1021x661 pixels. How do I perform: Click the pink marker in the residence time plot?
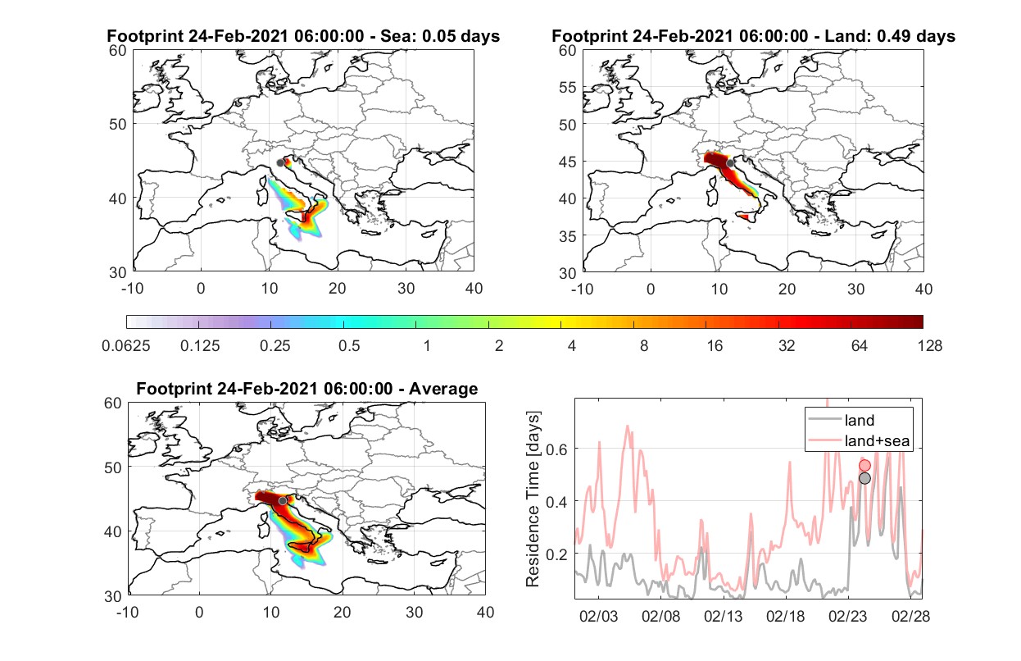(x=864, y=465)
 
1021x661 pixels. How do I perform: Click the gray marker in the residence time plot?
(x=864, y=478)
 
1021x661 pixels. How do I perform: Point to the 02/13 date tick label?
(x=723, y=616)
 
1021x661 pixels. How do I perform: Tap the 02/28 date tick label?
(x=910, y=616)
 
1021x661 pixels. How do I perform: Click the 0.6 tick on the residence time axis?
(x=556, y=450)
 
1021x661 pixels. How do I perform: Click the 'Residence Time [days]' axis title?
(x=533, y=499)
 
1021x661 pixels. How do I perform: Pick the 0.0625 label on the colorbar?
(x=126, y=346)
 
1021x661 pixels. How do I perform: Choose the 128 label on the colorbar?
(x=930, y=346)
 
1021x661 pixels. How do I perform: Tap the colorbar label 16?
(x=715, y=346)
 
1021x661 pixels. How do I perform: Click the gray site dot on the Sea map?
(x=280, y=163)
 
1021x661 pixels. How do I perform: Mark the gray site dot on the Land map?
(x=730, y=163)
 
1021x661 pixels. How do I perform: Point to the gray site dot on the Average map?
(x=283, y=501)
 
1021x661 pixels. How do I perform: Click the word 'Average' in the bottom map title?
(x=443, y=389)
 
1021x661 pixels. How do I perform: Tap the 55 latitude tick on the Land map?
(x=568, y=87)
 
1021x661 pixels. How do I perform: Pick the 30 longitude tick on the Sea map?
(x=406, y=289)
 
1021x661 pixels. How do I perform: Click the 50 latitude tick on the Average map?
(x=112, y=467)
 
